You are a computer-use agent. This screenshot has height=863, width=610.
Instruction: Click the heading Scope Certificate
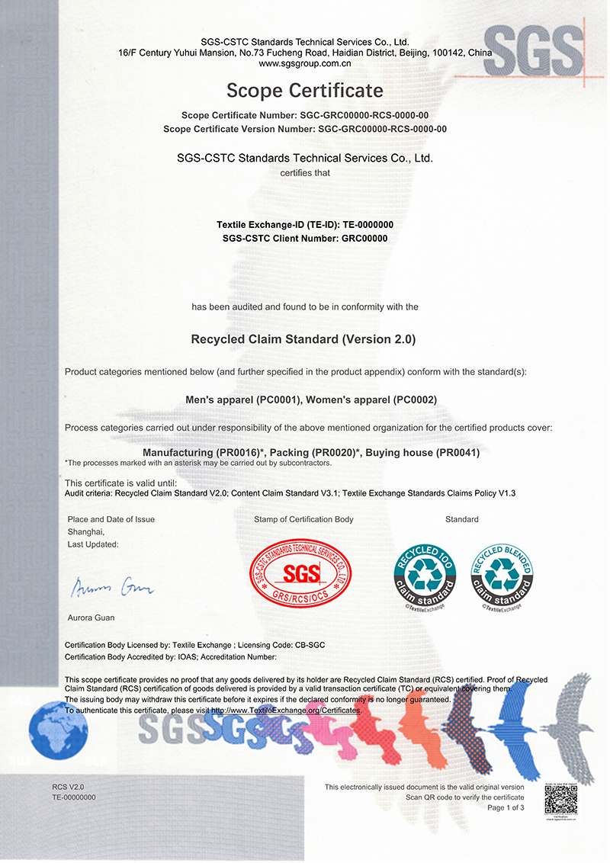pos(305,91)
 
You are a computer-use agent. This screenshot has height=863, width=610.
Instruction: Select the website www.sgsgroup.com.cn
pos(305,64)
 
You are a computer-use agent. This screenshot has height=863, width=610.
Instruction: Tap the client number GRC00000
pos(364,238)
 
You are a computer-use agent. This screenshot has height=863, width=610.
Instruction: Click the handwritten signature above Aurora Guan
pos(113,587)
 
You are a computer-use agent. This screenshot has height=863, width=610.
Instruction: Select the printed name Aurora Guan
pos(91,617)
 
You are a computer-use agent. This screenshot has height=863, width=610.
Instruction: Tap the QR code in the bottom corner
pos(560,800)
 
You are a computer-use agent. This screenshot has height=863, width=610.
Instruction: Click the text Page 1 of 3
pos(505,807)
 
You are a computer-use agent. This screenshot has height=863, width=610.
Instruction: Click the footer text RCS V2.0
pos(68,786)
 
